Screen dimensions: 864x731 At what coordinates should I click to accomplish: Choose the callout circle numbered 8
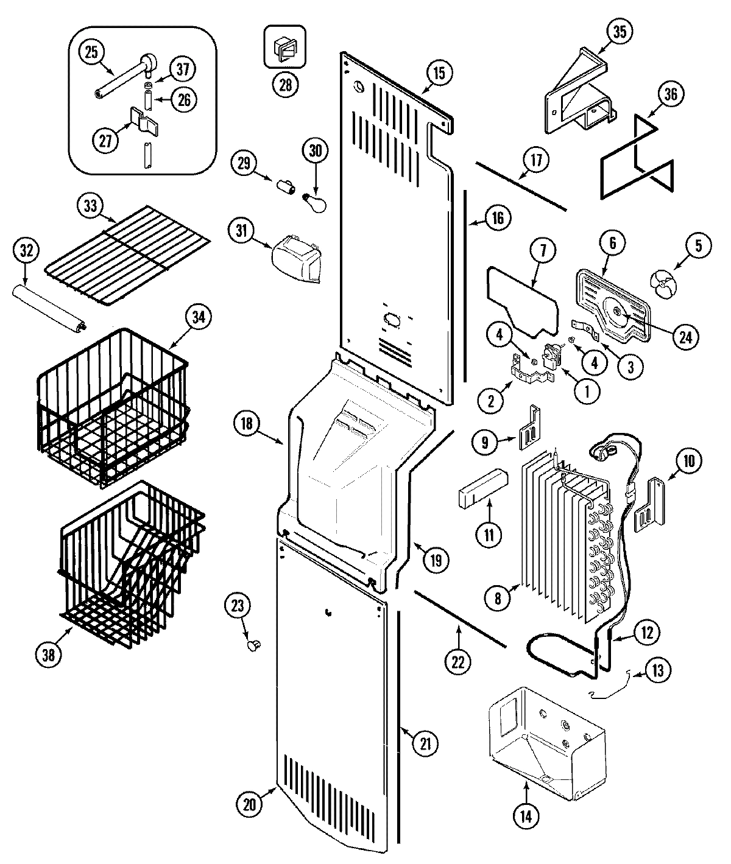click(498, 599)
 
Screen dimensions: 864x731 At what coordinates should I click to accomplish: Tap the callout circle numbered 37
click(182, 69)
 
